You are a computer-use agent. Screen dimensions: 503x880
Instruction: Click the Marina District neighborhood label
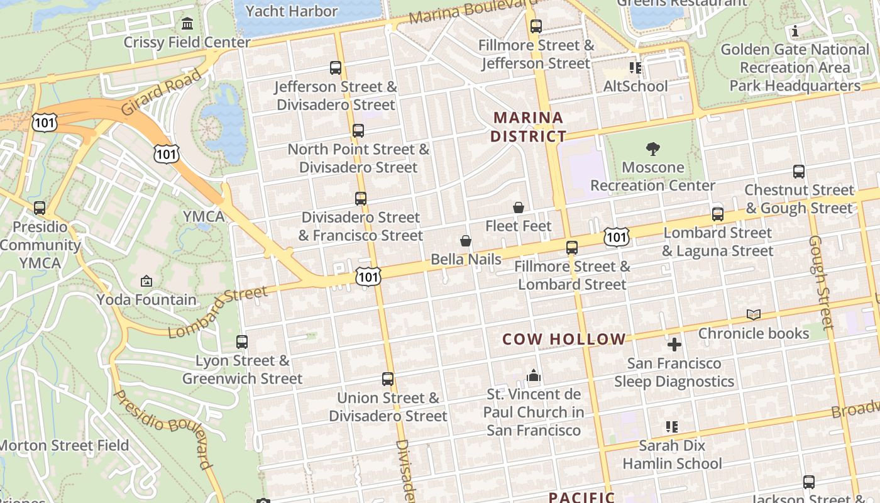528,127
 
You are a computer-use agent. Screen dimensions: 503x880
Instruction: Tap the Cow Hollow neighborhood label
564,340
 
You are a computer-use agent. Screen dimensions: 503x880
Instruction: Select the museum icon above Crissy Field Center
187,24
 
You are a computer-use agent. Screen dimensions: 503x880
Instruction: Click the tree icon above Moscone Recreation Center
653,149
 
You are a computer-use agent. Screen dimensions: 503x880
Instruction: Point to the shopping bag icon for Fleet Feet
519,207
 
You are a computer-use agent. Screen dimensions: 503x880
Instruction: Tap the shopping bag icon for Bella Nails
466,241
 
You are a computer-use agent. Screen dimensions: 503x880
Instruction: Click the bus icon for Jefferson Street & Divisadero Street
336,68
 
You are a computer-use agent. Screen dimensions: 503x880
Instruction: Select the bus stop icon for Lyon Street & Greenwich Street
242,342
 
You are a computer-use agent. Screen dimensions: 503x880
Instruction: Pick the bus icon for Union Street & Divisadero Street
388,379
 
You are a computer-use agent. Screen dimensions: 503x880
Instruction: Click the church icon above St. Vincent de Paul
534,376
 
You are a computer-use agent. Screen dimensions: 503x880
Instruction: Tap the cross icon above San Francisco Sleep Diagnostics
674,345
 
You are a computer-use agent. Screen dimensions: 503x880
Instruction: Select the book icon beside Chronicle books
754,314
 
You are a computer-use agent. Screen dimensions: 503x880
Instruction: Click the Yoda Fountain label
146,300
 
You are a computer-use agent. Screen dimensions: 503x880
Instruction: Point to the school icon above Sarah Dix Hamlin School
672,427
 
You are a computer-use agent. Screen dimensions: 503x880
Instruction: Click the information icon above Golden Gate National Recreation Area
795,31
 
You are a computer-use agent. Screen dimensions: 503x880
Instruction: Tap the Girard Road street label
162,92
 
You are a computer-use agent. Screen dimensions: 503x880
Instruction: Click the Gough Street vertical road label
821,282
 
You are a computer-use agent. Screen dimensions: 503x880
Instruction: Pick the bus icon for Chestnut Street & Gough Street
799,172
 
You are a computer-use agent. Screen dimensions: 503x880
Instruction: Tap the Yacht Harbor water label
292,11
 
